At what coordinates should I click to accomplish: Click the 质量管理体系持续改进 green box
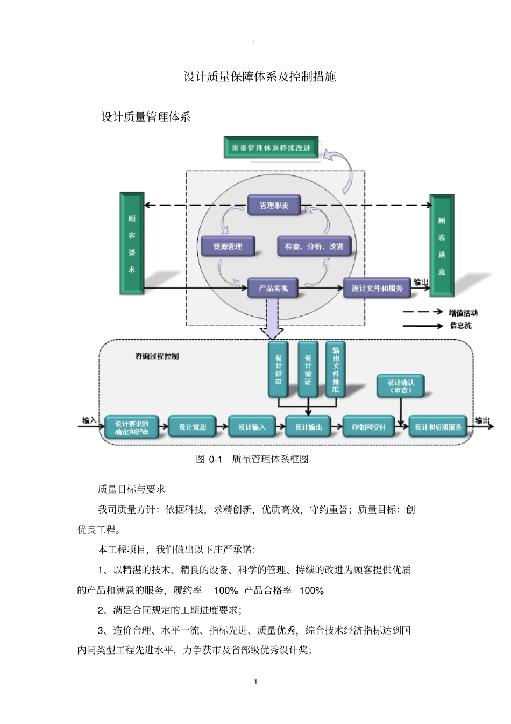coord(271,147)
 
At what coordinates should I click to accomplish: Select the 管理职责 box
coord(274,205)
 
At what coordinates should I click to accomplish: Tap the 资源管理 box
coord(227,247)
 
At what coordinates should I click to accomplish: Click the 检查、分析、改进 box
coord(314,247)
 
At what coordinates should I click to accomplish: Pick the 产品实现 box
coord(273,288)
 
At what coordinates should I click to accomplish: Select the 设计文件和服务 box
coord(377,288)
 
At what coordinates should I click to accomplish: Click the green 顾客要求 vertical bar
coord(132,244)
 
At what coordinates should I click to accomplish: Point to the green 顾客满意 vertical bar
coord(441,245)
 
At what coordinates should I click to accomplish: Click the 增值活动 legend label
coord(463,312)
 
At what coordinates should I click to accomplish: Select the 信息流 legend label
coord(460,325)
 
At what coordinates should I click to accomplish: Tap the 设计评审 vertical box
coord(278,369)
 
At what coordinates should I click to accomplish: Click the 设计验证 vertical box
coord(308,369)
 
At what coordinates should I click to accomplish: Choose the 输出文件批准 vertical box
coord(336,369)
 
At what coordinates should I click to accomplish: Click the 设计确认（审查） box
coord(401,386)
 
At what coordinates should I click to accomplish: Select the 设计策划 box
coord(192,427)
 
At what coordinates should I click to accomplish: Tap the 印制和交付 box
coord(368,427)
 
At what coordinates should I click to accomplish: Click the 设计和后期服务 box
coord(438,427)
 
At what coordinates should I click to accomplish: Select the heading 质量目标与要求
coord(131,489)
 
